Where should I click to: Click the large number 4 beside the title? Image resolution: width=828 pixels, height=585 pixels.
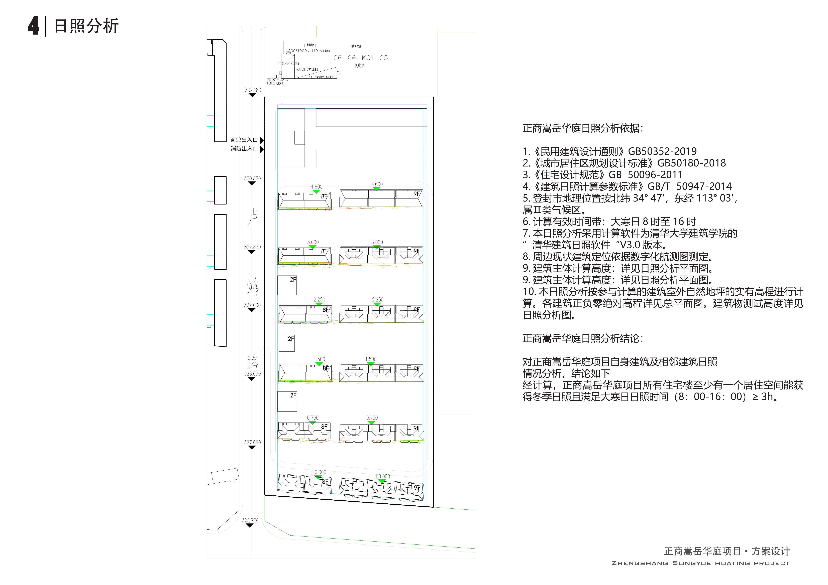click(x=34, y=26)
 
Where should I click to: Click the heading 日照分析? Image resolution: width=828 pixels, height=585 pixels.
click(x=86, y=26)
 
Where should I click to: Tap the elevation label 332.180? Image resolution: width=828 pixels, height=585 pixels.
click(x=253, y=90)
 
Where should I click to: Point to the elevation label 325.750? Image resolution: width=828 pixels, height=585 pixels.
click(x=250, y=520)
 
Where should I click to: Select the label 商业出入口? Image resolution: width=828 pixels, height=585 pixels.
click(x=244, y=140)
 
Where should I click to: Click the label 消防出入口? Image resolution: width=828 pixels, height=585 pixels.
click(x=244, y=148)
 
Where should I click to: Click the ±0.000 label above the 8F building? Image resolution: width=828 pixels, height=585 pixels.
click(x=319, y=472)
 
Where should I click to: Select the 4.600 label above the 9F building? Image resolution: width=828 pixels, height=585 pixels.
click(x=377, y=184)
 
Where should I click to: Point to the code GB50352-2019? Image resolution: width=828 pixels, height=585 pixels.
click(x=662, y=151)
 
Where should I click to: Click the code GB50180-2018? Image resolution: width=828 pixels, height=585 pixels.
click(x=691, y=163)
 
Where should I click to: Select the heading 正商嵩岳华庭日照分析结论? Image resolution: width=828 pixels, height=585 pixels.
click(x=582, y=338)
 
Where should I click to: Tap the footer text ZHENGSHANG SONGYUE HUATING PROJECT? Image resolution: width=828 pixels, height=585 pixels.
click(x=700, y=563)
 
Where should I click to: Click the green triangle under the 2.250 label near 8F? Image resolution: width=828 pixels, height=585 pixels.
click(x=319, y=305)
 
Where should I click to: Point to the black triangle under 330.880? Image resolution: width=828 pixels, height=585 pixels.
click(x=252, y=183)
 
